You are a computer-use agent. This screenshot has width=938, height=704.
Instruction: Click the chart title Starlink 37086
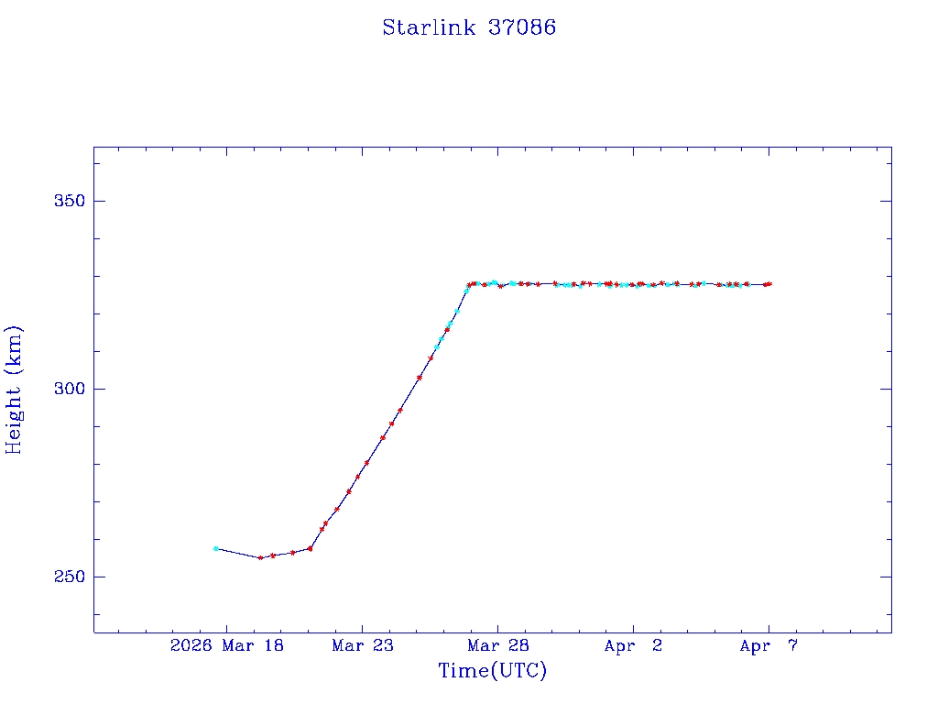(469, 27)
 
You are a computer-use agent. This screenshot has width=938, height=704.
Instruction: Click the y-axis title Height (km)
(14, 390)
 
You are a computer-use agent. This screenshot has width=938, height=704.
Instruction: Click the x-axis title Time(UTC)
(493, 671)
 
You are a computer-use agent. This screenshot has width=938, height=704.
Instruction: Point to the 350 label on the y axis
(67, 201)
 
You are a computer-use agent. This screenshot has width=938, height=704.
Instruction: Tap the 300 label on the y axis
(67, 389)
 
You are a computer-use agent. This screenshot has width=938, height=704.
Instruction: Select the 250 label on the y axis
(67, 577)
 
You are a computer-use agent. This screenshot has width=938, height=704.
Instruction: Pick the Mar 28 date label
(497, 646)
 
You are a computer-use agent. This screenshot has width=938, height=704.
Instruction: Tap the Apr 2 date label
(633, 646)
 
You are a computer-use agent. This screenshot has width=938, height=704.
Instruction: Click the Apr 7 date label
(769, 646)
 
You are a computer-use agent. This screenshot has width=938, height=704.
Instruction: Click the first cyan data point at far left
(215, 548)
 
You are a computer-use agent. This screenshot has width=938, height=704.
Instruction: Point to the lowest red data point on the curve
(260, 557)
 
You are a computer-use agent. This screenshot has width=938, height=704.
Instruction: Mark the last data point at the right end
(769, 284)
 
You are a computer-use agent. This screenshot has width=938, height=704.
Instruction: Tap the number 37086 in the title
(521, 27)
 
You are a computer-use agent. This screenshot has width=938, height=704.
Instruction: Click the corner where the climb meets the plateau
(469, 285)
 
